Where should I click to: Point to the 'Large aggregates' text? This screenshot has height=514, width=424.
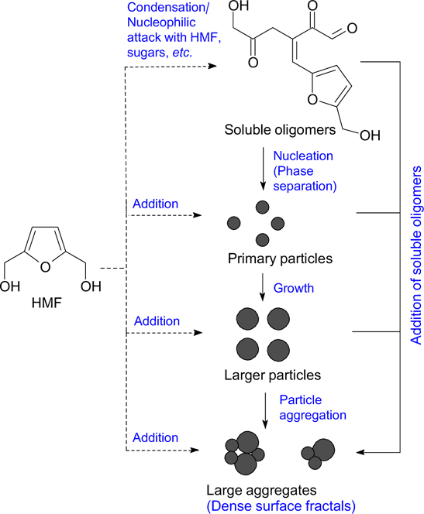pyautogui.click(x=258, y=489)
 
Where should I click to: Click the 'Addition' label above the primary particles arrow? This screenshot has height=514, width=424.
pyautogui.click(x=156, y=204)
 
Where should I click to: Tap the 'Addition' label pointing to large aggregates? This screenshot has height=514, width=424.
pyautogui.click(x=156, y=437)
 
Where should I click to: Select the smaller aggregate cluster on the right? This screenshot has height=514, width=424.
pyautogui.click(x=319, y=454)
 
